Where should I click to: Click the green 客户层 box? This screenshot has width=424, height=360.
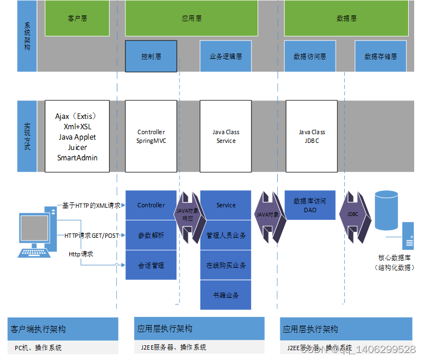[x=77, y=18]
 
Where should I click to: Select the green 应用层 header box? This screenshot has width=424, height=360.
[x=192, y=18]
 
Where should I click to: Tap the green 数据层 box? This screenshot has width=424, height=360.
[x=347, y=18]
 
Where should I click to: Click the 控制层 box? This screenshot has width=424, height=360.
[x=151, y=56]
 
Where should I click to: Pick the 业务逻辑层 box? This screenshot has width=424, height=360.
[x=225, y=56]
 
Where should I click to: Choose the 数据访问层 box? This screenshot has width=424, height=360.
[x=309, y=56]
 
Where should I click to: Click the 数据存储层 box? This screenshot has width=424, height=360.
[x=380, y=56]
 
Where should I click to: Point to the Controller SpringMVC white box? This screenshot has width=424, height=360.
[x=151, y=136]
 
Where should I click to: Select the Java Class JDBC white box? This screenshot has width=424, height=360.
[x=312, y=136]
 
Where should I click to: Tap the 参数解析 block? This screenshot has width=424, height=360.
[x=151, y=236]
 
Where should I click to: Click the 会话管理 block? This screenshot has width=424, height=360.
[x=151, y=266]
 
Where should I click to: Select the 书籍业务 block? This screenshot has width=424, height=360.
[x=225, y=295]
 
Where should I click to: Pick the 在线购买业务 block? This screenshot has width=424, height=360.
[x=225, y=266]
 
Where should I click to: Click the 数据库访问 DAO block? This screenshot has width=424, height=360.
[x=309, y=205]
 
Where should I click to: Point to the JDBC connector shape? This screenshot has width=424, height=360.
[x=353, y=214]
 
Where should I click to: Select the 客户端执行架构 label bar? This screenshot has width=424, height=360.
[x=63, y=329]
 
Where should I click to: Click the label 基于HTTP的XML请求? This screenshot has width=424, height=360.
[x=91, y=205]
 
